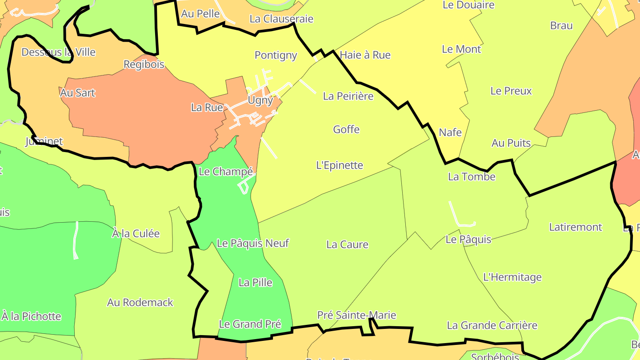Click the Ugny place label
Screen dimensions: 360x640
(x=260, y=100)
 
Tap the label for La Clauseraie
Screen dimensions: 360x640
(x=281, y=19)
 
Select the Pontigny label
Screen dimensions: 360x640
(x=276, y=55)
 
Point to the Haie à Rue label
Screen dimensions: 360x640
(x=365, y=55)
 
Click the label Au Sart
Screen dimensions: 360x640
(x=77, y=93)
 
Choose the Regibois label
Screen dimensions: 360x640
(x=144, y=64)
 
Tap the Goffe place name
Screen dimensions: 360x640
(x=346, y=129)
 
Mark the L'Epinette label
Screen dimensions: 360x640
(x=340, y=165)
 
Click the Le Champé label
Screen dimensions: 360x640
(x=226, y=172)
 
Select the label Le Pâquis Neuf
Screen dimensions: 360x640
(x=253, y=243)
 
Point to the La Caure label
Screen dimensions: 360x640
(x=347, y=244)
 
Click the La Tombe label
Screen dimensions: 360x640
(x=472, y=177)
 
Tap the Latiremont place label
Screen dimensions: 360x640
(x=576, y=227)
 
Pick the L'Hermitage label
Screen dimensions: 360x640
(x=512, y=277)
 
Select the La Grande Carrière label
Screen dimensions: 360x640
(x=492, y=325)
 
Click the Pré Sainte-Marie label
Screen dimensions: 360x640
(x=356, y=315)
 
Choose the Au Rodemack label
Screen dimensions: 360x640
(x=140, y=303)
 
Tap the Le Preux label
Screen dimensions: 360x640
(x=511, y=91)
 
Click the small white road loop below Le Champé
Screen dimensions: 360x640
(x=244, y=187)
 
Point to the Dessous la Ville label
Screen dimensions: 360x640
(x=58, y=52)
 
